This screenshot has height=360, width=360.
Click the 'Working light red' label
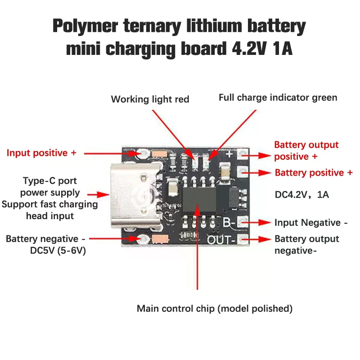coord(150,99)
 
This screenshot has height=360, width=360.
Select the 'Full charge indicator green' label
coord(278,98)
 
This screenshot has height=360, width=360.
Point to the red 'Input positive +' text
coord(41,153)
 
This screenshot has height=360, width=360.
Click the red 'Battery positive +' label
coord(314,173)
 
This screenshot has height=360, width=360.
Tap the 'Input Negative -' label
coord(311,223)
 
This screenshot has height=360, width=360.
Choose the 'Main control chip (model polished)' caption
coord(215,309)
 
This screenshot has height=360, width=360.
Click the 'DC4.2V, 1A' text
coord(302,195)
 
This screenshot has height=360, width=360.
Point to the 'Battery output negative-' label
coord(306,244)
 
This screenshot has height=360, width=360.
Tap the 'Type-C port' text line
coord(50,181)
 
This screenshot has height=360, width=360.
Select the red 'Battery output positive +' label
coord(306,151)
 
